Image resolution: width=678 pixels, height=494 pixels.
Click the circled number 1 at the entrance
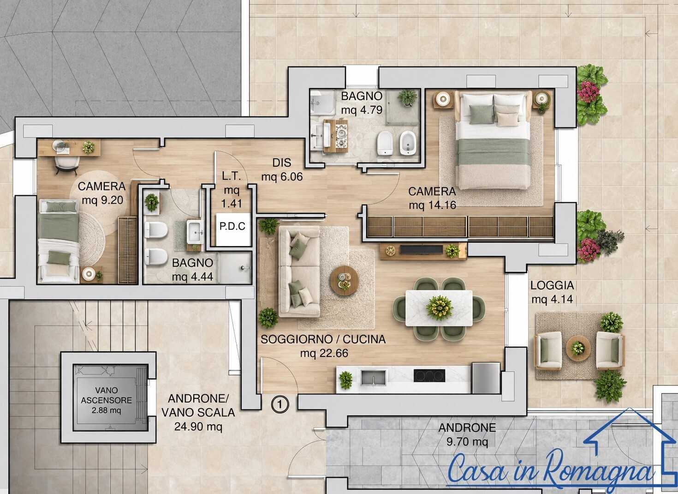280,404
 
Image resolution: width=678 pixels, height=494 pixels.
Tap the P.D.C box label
232,226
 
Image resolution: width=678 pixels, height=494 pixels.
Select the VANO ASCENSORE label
106,395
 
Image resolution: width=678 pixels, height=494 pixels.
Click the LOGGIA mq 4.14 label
552,292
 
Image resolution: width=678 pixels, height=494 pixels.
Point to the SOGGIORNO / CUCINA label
323,339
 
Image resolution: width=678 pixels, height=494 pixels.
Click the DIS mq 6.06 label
282,169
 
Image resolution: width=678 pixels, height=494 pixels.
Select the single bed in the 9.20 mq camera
59,241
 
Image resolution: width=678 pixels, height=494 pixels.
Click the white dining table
439,308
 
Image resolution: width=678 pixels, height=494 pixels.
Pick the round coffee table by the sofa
344,280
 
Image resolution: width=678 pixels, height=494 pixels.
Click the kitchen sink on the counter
374,378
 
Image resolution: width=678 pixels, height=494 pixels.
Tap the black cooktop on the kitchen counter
429,375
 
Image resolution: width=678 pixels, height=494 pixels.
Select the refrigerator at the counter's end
486,378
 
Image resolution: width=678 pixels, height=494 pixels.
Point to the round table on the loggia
578,349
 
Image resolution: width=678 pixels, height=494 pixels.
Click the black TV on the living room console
422,249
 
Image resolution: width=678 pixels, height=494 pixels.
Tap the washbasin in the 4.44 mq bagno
194,232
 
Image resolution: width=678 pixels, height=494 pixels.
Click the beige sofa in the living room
299,271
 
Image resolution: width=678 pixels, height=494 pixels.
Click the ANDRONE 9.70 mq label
467,434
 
